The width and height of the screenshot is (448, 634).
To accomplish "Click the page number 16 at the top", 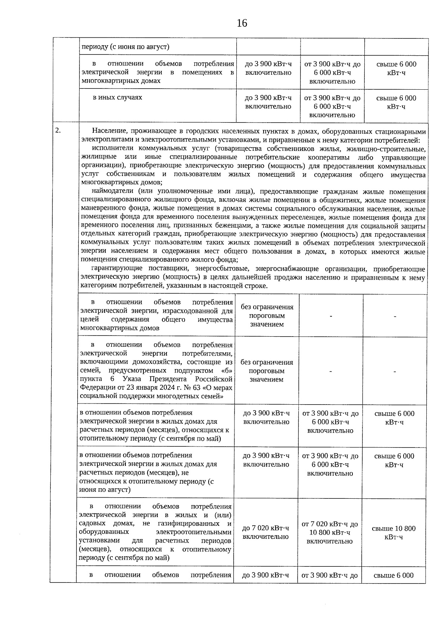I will click(x=242, y=23).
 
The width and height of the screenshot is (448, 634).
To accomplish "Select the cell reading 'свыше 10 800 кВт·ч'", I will click(x=394, y=533).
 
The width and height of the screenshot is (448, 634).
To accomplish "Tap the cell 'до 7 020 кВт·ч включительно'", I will click(x=265, y=532).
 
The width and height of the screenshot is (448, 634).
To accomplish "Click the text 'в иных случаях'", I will click(x=118, y=98).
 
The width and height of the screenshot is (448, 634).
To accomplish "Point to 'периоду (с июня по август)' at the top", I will click(x=125, y=47).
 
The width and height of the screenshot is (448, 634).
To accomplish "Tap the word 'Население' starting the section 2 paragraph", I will click(x=109, y=132).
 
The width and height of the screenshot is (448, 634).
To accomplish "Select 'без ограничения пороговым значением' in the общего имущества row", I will click(x=267, y=316).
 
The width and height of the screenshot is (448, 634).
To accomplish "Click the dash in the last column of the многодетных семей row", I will click(x=394, y=371).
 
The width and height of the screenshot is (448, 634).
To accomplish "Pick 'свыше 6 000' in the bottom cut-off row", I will click(x=393, y=575).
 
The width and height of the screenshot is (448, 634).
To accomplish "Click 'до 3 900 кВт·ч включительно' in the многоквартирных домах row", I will click(x=268, y=68).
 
